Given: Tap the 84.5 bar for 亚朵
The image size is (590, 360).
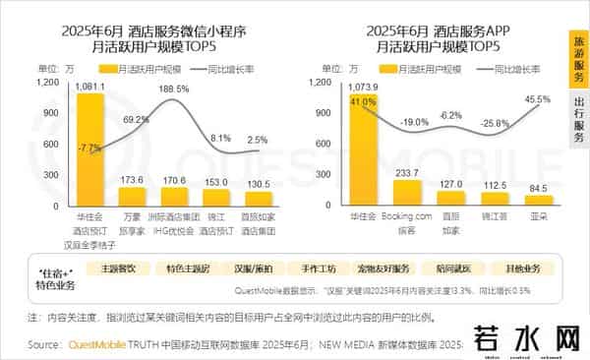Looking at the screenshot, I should pos(538,199).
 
